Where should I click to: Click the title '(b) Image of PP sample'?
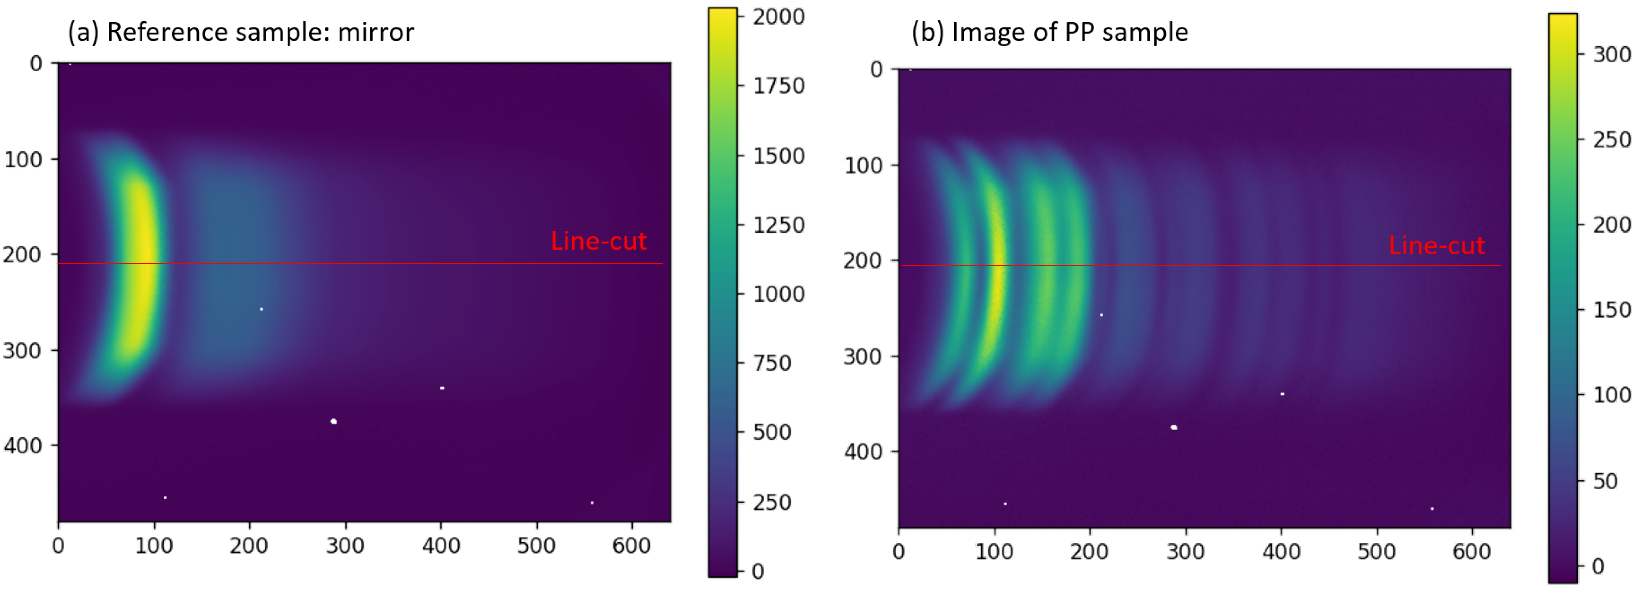tap(1049, 32)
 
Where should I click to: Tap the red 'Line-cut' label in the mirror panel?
tap(598, 241)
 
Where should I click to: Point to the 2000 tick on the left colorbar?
tap(778, 16)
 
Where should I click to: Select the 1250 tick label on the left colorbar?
tap(778, 225)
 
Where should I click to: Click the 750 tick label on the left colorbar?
tap(772, 363)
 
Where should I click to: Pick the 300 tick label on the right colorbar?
tap(1611, 55)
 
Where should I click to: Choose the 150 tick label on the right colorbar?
tap(1611, 309)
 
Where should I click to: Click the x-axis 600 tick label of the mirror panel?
tap(631, 546)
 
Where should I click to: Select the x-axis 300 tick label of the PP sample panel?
tap(1185, 552)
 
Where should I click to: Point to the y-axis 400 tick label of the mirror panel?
tap(23, 445)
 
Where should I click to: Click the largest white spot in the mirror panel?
tap(333, 421)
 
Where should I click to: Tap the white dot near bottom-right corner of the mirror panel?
tap(592, 503)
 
